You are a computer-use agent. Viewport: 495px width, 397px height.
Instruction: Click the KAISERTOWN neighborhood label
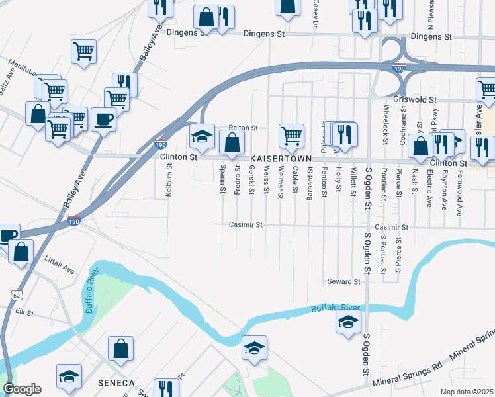tap(286, 159)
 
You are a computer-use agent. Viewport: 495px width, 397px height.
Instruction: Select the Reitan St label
tap(242, 127)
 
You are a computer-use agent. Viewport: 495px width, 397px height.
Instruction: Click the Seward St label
tap(343, 281)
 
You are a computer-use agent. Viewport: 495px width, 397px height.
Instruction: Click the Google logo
tap(22, 389)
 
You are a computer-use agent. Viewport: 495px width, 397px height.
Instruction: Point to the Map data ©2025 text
tap(467, 392)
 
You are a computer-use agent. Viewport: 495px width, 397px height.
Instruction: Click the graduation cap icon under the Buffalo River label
tap(348, 323)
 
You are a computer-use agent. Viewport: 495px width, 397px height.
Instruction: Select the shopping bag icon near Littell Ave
tap(22, 251)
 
